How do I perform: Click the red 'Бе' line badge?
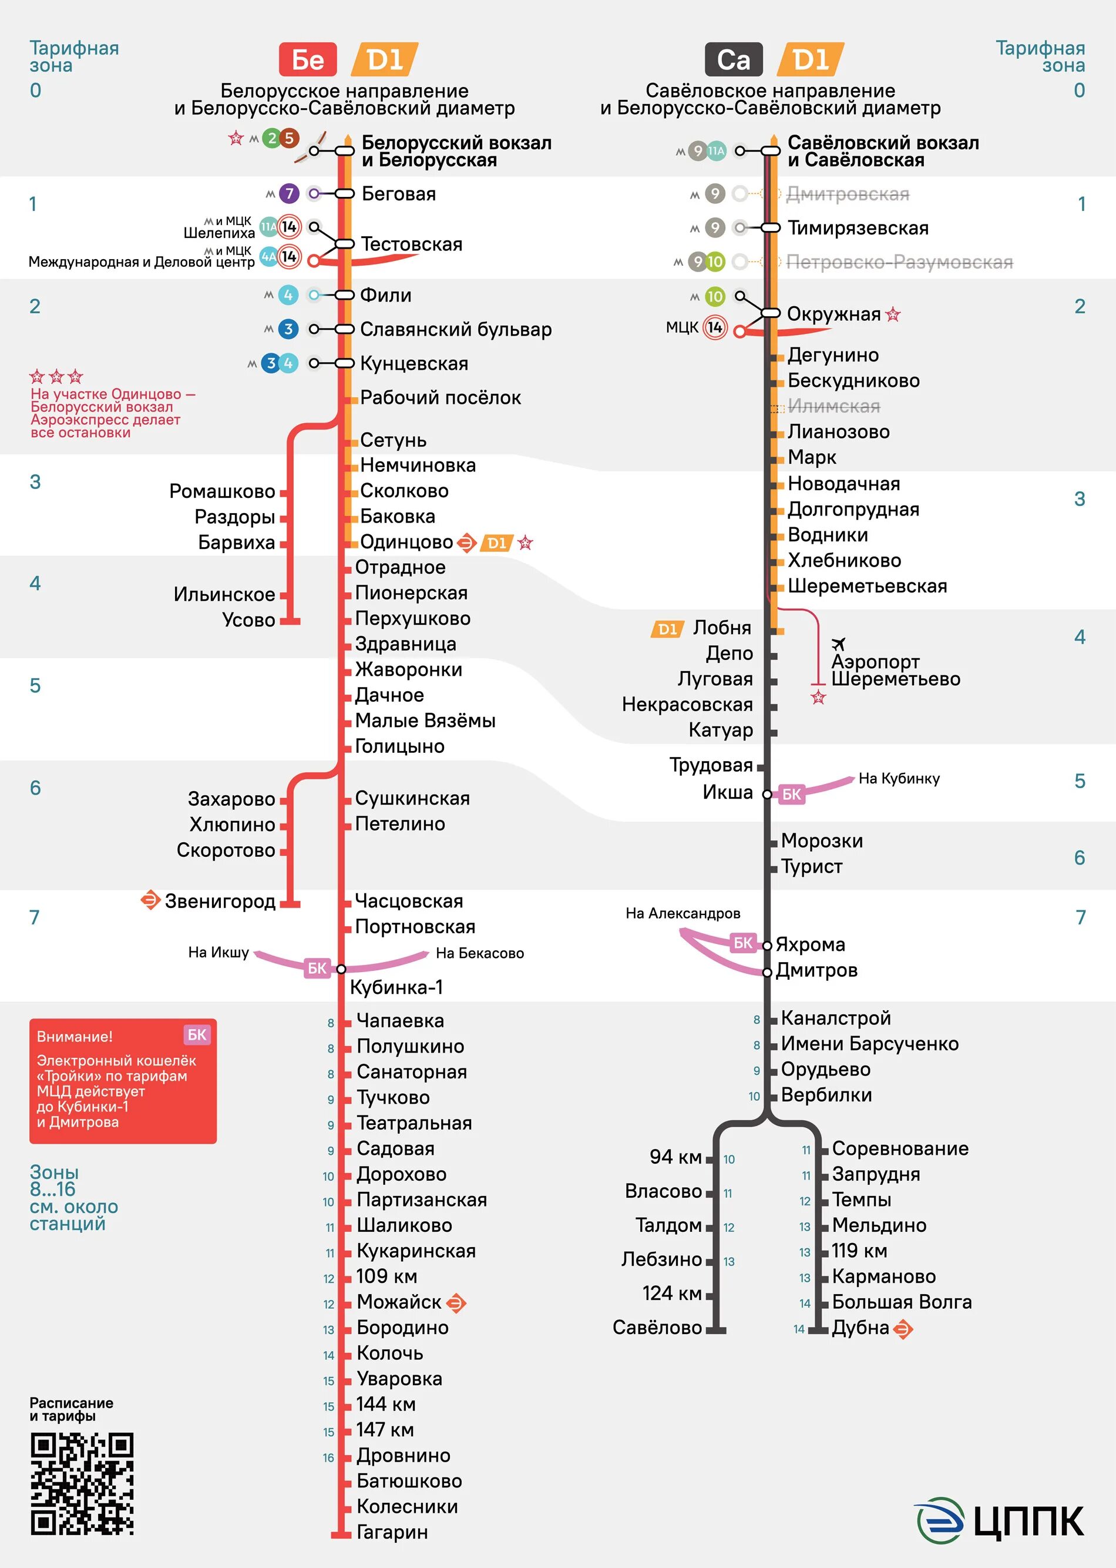click(307, 60)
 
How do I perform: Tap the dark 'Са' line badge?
click(733, 60)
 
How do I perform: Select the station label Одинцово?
click(406, 542)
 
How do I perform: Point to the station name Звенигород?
click(220, 901)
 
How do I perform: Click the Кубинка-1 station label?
click(396, 987)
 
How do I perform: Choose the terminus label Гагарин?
click(392, 1532)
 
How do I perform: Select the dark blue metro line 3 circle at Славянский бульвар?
click(288, 329)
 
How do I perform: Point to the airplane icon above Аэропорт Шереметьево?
click(838, 644)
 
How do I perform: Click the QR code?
click(82, 1484)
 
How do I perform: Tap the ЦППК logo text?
click(1028, 1520)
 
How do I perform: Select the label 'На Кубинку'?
click(899, 779)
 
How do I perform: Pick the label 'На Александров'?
click(683, 913)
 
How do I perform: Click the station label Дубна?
click(860, 1328)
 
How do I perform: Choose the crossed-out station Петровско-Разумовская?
click(899, 262)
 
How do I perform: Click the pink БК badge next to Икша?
click(791, 795)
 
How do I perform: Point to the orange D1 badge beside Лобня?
click(667, 629)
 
